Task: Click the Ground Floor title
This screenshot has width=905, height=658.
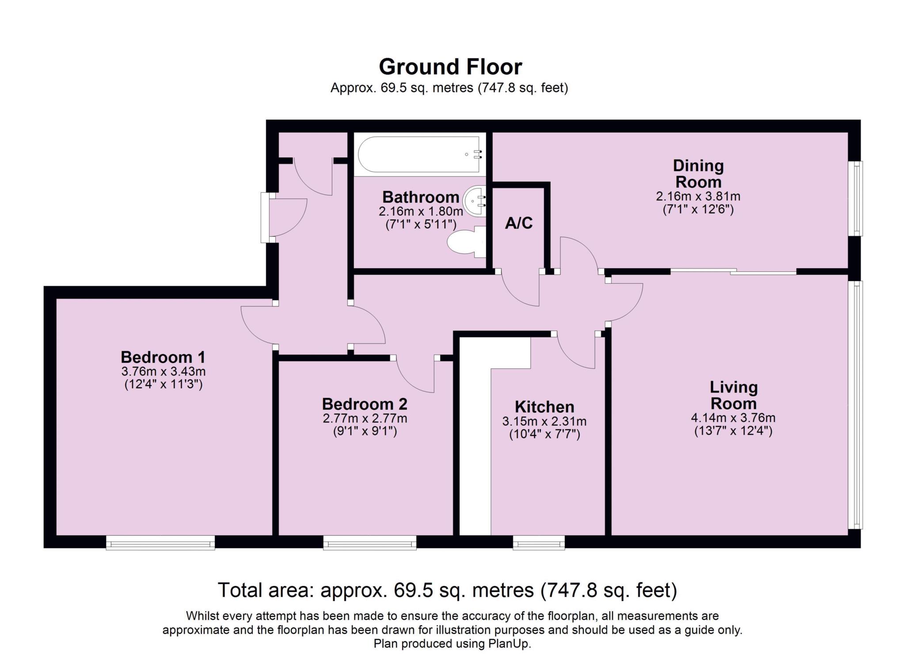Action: point(450,67)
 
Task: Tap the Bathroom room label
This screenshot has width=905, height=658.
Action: point(420,197)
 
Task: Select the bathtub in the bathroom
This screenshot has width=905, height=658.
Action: point(418,154)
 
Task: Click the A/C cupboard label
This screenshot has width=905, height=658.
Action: point(519,223)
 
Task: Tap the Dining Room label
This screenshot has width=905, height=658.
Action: point(698,174)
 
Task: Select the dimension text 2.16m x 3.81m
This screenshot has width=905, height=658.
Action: point(698,196)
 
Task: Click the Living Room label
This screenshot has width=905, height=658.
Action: point(733,395)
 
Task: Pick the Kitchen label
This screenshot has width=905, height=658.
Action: point(544,407)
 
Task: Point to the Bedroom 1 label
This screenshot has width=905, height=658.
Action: point(163,357)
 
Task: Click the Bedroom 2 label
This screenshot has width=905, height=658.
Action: point(365,404)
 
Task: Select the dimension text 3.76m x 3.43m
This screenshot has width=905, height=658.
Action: point(163,371)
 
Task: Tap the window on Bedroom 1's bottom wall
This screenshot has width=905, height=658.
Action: point(160,543)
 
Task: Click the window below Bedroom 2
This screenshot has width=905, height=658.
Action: point(369,543)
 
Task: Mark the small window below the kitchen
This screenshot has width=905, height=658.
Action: point(539,543)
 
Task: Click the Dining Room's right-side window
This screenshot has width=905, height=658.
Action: point(858,198)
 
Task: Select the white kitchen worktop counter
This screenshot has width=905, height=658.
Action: point(475,442)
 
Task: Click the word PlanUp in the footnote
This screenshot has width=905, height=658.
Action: point(509,644)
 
